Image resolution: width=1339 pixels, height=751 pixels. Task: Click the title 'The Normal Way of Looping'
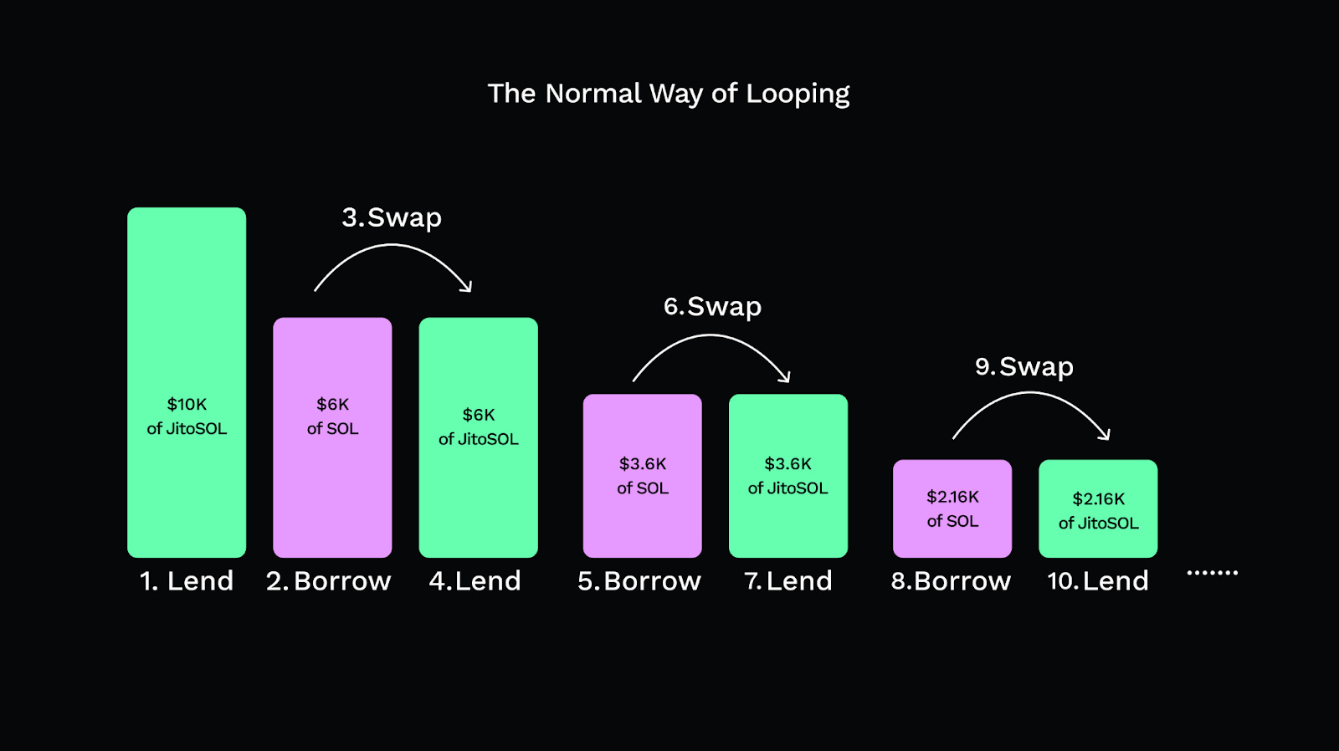pyautogui.click(x=669, y=94)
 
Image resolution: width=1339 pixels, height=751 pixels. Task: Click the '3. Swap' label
pyautogui.click(x=392, y=217)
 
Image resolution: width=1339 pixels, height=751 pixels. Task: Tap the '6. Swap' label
pyautogui.click(x=712, y=307)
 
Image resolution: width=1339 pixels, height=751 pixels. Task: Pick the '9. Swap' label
pyautogui.click(x=1024, y=367)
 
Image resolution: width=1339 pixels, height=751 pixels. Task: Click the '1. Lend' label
pyautogui.click(x=187, y=580)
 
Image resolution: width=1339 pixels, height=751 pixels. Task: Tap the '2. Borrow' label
pyautogui.click(x=329, y=580)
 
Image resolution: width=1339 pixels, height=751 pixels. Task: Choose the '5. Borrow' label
pyautogui.click(x=639, y=580)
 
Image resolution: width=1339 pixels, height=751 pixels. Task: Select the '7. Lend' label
pyautogui.click(x=788, y=580)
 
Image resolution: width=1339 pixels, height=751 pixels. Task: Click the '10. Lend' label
pyautogui.click(x=1098, y=580)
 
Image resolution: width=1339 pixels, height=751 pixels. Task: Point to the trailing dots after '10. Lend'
pyautogui.click(x=1212, y=573)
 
